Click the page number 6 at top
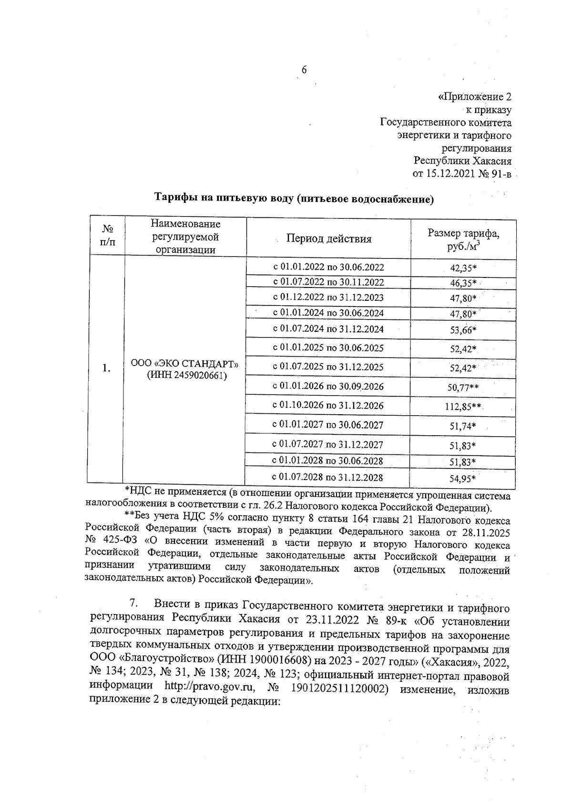pyautogui.click(x=304, y=70)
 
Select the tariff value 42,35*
pyautogui.click(x=463, y=267)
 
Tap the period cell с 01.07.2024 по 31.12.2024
pyautogui.click(x=328, y=329)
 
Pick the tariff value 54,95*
pyautogui.click(x=463, y=478)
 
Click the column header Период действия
pyautogui.click(x=328, y=238)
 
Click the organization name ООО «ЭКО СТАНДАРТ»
pyautogui.click(x=185, y=364)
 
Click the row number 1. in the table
pyautogui.click(x=106, y=368)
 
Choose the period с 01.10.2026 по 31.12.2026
pyautogui.click(x=327, y=406)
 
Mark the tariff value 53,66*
pyautogui.click(x=463, y=329)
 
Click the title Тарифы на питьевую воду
pyautogui.click(x=294, y=199)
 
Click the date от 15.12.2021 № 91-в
pyautogui.click(x=461, y=174)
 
